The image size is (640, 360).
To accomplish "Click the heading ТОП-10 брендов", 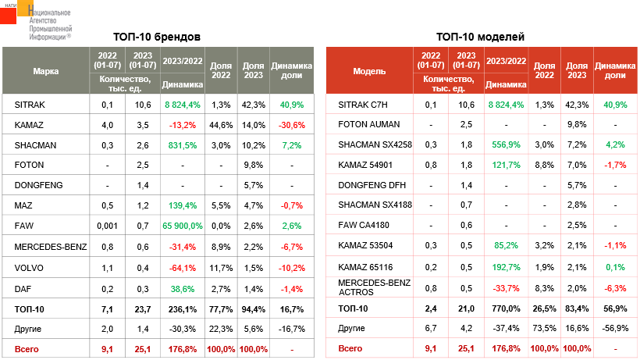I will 156,37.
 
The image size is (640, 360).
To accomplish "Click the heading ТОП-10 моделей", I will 480,37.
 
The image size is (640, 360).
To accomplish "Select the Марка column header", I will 45,70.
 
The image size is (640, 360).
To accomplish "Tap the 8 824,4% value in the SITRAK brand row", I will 183,104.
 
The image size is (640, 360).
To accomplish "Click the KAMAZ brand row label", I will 28,124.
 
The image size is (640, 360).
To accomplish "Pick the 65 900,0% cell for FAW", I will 183,226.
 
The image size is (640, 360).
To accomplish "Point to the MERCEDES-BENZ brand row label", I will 51,246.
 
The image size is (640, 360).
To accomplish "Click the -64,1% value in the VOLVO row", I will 183,266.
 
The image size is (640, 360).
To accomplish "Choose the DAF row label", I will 23,287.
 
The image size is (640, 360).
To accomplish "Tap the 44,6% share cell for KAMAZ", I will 221,124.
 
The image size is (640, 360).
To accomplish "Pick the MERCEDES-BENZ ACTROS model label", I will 374,287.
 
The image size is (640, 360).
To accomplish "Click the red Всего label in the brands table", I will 27,349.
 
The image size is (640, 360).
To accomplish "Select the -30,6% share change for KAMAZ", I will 291,124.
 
